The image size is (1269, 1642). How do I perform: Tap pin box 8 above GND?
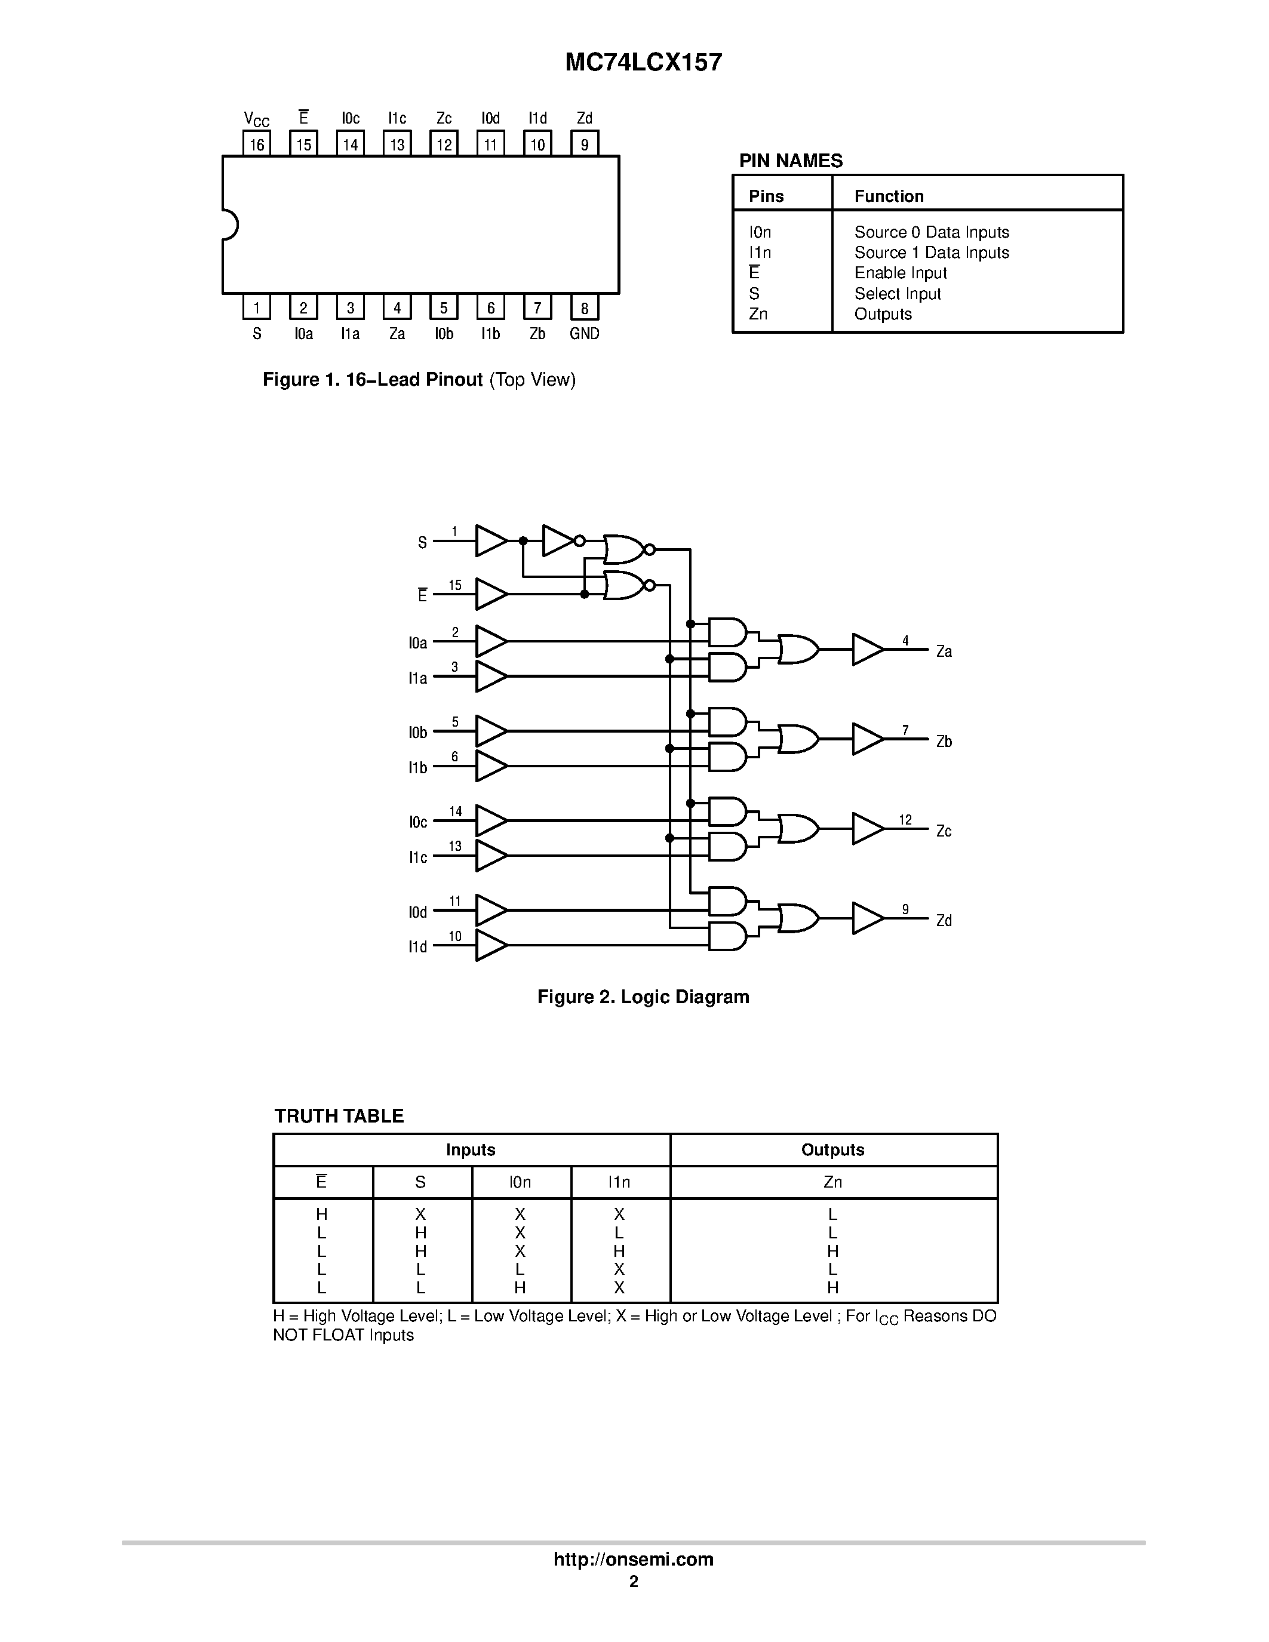click(584, 308)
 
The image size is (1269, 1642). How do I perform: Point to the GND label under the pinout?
click(584, 334)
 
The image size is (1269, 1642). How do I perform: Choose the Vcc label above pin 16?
click(256, 119)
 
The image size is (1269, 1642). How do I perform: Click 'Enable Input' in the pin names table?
click(900, 273)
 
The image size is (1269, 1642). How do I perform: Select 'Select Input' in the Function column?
click(897, 294)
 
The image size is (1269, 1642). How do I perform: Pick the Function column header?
click(889, 196)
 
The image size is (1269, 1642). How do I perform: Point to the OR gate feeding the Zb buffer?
click(798, 739)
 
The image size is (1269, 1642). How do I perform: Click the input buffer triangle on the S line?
click(490, 540)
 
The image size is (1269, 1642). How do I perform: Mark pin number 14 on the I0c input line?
click(455, 811)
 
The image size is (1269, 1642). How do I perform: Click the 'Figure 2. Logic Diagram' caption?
click(643, 997)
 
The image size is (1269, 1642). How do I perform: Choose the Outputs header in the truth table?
click(832, 1149)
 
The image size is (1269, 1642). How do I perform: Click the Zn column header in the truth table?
click(832, 1182)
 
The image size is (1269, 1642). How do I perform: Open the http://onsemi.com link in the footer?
click(633, 1559)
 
